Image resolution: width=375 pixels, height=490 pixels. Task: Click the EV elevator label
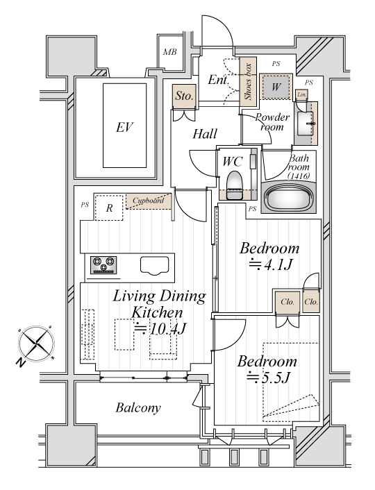click(124, 127)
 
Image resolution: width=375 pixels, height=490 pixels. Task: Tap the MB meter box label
click(170, 52)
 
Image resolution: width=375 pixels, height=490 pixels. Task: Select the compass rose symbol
click(37, 344)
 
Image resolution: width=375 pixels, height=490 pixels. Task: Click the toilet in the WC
click(235, 185)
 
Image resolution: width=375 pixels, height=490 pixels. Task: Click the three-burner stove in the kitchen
click(103, 264)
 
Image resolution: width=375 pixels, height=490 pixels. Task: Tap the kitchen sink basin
click(154, 266)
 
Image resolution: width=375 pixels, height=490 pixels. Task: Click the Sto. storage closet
click(184, 96)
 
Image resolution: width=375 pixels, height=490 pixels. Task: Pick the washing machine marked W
click(276, 87)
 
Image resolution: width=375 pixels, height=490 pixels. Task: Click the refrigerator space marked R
click(109, 208)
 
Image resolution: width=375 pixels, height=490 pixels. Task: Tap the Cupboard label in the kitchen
click(148, 201)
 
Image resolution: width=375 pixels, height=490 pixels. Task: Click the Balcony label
click(138, 407)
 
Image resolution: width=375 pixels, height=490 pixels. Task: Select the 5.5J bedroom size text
click(268, 378)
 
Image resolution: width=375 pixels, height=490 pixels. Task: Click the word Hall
click(205, 134)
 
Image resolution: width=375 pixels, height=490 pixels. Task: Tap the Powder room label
click(272, 122)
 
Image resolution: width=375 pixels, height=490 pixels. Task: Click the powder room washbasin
click(306, 123)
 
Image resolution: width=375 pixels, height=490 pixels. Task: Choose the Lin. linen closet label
click(301, 94)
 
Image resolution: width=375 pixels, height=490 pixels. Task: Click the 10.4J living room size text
click(160, 329)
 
